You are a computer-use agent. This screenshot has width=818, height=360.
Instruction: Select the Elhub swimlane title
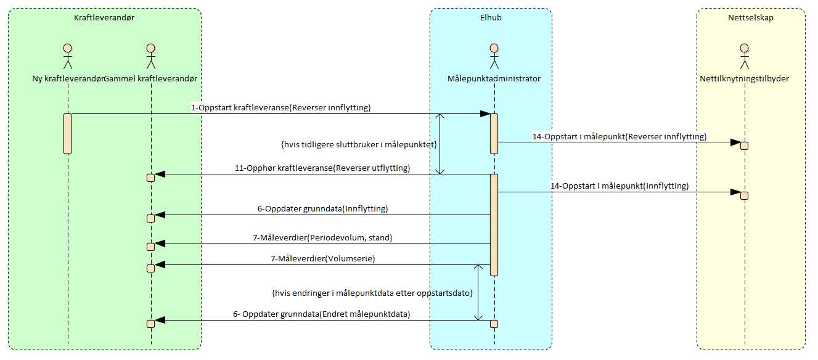click(x=491, y=18)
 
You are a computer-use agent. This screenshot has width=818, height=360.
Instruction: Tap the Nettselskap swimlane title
click(x=750, y=18)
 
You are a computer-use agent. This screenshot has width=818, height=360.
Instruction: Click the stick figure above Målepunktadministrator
click(x=494, y=57)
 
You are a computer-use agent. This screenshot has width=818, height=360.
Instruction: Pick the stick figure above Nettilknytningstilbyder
click(x=744, y=57)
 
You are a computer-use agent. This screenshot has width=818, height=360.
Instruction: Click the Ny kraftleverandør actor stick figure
click(x=68, y=57)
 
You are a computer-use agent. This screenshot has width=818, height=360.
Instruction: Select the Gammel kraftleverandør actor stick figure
click(x=150, y=57)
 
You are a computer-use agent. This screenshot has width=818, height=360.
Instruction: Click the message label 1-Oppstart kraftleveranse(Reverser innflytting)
click(x=280, y=107)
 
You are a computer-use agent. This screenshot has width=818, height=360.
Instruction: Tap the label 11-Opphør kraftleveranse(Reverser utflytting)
click(x=322, y=168)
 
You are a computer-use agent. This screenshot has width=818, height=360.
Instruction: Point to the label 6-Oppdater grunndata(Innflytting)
click(x=322, y=208)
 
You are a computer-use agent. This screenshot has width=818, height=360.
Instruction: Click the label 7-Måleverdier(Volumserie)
click(x=322, y=259)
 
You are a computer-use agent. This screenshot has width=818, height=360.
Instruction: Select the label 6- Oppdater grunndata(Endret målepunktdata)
click(x=321, y=314)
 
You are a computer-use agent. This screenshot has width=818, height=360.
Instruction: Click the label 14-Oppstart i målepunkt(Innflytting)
click(x=620, y=186)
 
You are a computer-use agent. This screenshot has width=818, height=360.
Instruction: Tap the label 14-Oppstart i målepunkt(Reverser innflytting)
click(x=620, y=136)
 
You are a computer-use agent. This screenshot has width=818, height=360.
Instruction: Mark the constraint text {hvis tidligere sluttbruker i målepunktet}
click(x=358, y=145)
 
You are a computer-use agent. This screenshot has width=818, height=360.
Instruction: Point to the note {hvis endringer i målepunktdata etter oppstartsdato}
click(x=372, y=293)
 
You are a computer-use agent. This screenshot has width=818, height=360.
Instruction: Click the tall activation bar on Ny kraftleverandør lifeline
click(x=68, y=133)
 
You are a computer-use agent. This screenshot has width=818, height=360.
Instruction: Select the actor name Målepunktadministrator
click(x=494, y=79)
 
